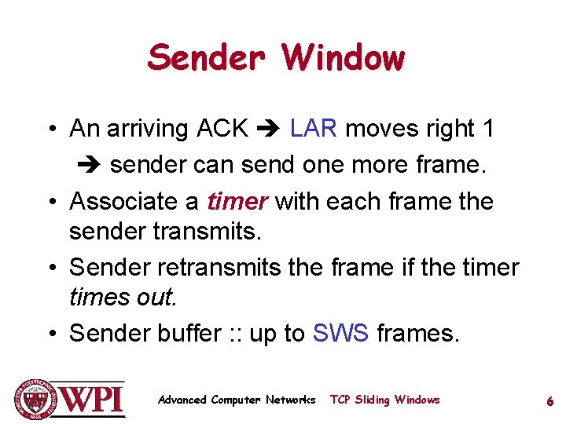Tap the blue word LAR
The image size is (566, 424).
click(313, 128)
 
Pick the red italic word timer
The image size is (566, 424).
click(237, 201)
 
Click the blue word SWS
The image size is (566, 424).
click(340, 333)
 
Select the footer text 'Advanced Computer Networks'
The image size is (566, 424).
click(236, 400)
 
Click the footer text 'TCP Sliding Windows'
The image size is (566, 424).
click(384, 400)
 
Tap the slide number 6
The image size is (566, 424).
click(550, 401)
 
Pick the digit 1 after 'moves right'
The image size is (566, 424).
click(488, 128)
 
